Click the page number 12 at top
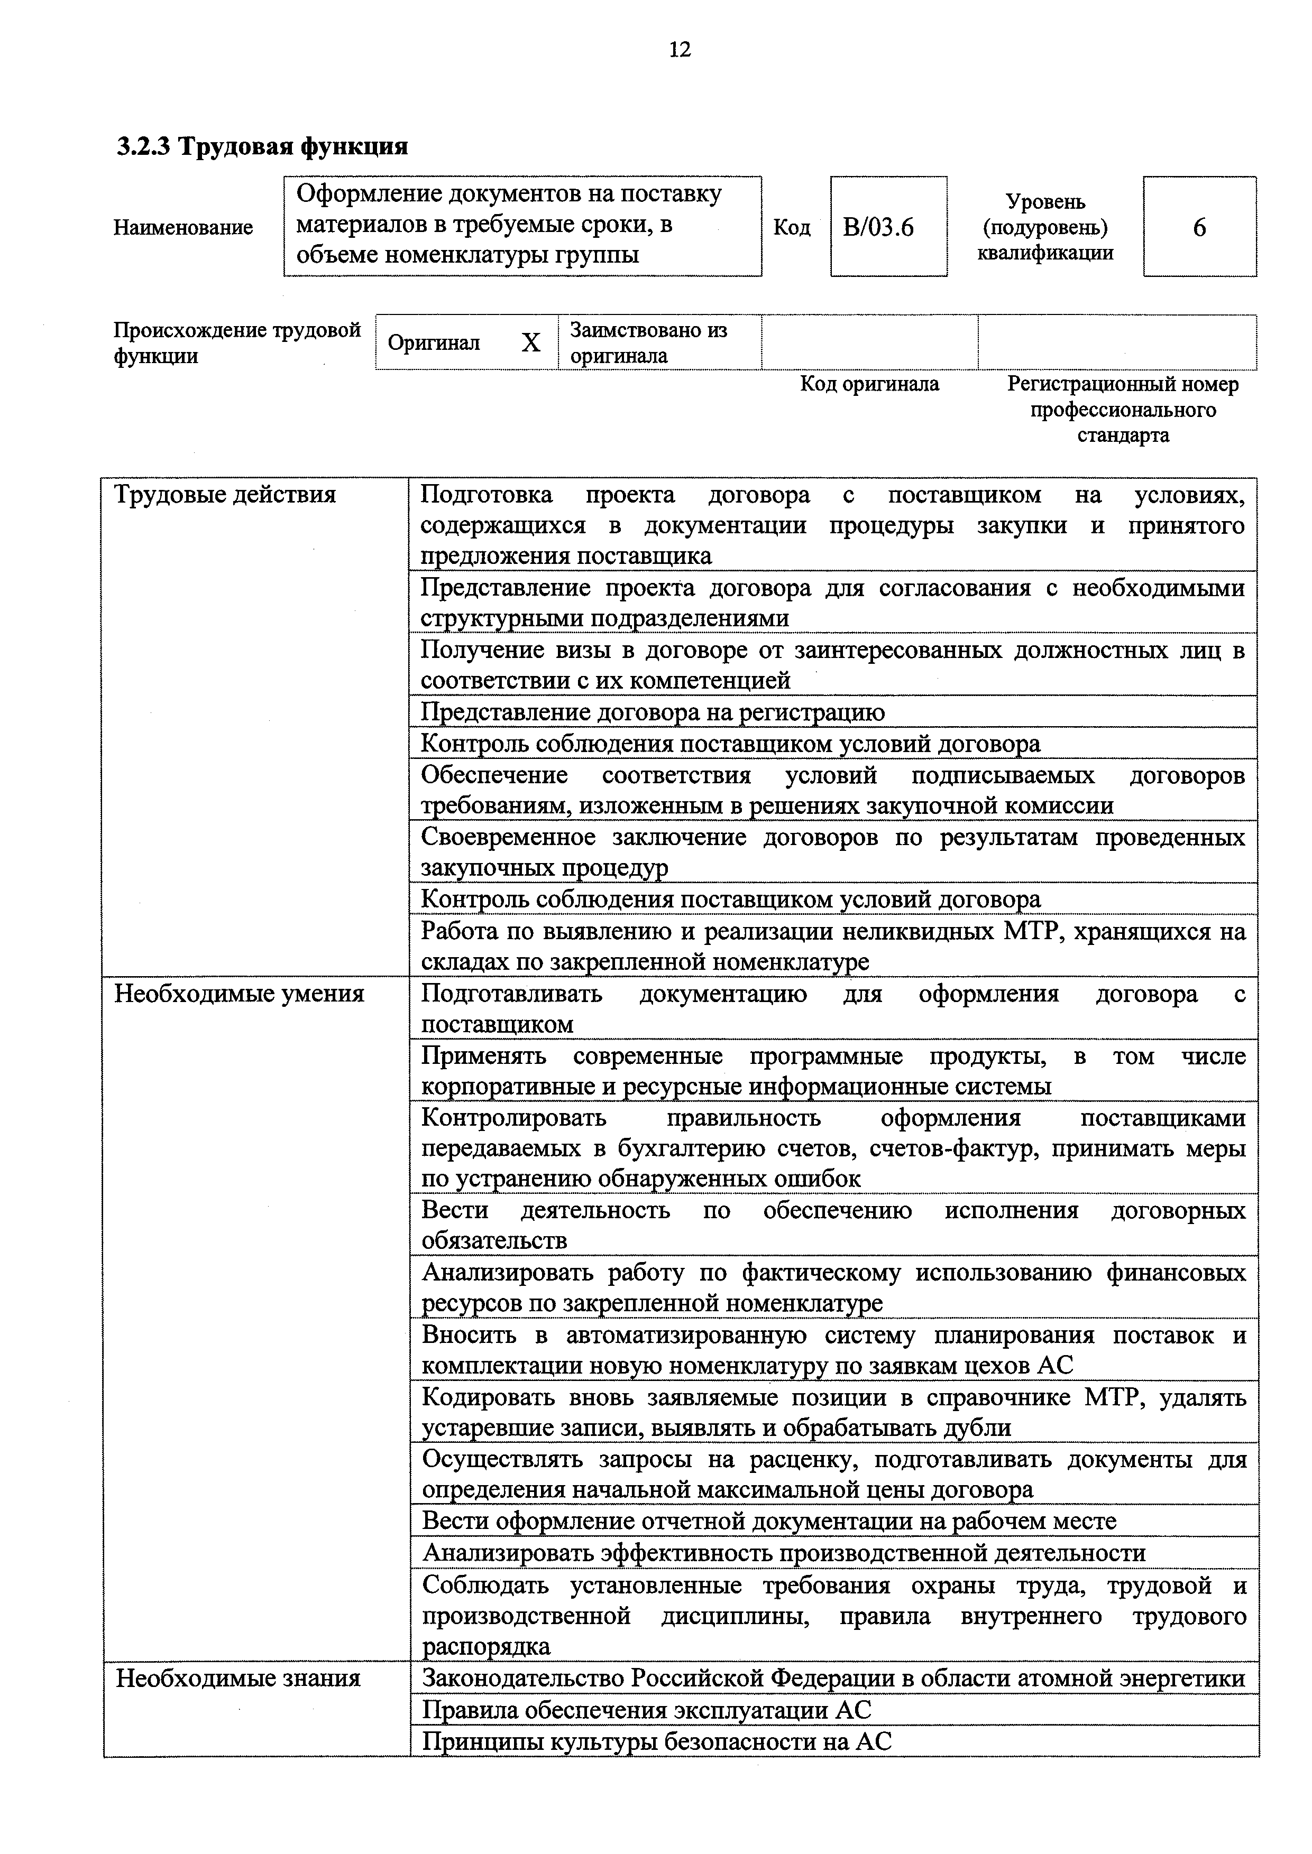680,50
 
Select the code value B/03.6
878,228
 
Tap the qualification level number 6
1199,228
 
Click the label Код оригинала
869,384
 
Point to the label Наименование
184,228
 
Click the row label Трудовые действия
225,494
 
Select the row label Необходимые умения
239,993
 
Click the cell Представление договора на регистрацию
653,712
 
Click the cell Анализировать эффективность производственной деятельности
784,1553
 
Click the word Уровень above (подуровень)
1045,202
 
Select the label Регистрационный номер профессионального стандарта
1122,410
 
